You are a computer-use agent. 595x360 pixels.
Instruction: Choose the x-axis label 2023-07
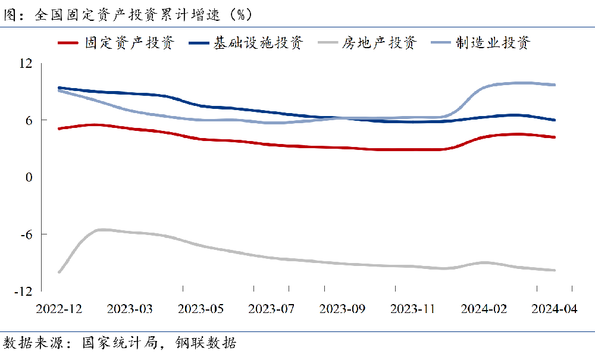[271, 309]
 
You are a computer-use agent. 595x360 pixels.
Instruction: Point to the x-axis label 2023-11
[413, 309]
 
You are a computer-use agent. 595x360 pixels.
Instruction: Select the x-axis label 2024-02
[484, 309]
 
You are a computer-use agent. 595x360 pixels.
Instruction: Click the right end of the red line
[555, 137]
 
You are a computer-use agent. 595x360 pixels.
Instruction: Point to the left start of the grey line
[58, 272]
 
